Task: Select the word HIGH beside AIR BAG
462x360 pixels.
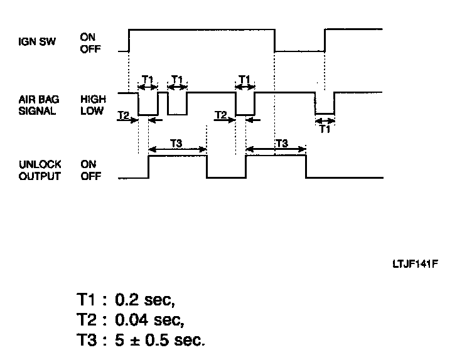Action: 93,99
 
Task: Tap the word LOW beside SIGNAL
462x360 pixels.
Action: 91,111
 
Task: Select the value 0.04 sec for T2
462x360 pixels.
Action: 151,322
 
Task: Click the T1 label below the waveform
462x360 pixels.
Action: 325,129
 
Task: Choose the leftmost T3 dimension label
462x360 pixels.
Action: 176,143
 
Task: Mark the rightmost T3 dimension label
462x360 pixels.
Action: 281,143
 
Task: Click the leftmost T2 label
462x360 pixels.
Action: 124,115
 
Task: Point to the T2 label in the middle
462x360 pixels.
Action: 220,115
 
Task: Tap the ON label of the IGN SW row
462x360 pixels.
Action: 88,38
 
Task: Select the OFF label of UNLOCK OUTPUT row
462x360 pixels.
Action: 90,177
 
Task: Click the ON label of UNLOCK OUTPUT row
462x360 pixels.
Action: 88,165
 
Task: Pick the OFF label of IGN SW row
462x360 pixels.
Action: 90,50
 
